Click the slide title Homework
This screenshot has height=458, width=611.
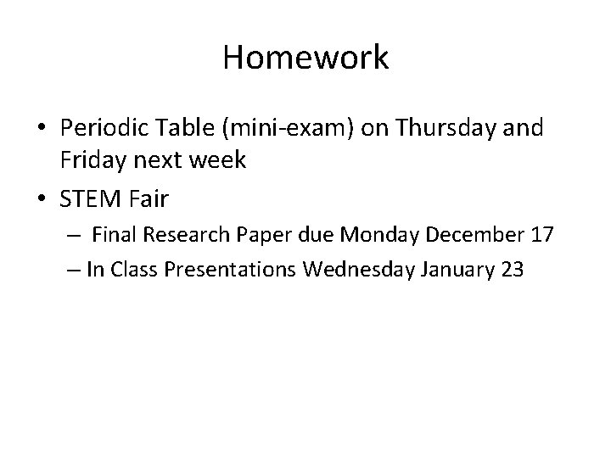(305, 58)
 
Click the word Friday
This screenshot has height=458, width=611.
(92, 159)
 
